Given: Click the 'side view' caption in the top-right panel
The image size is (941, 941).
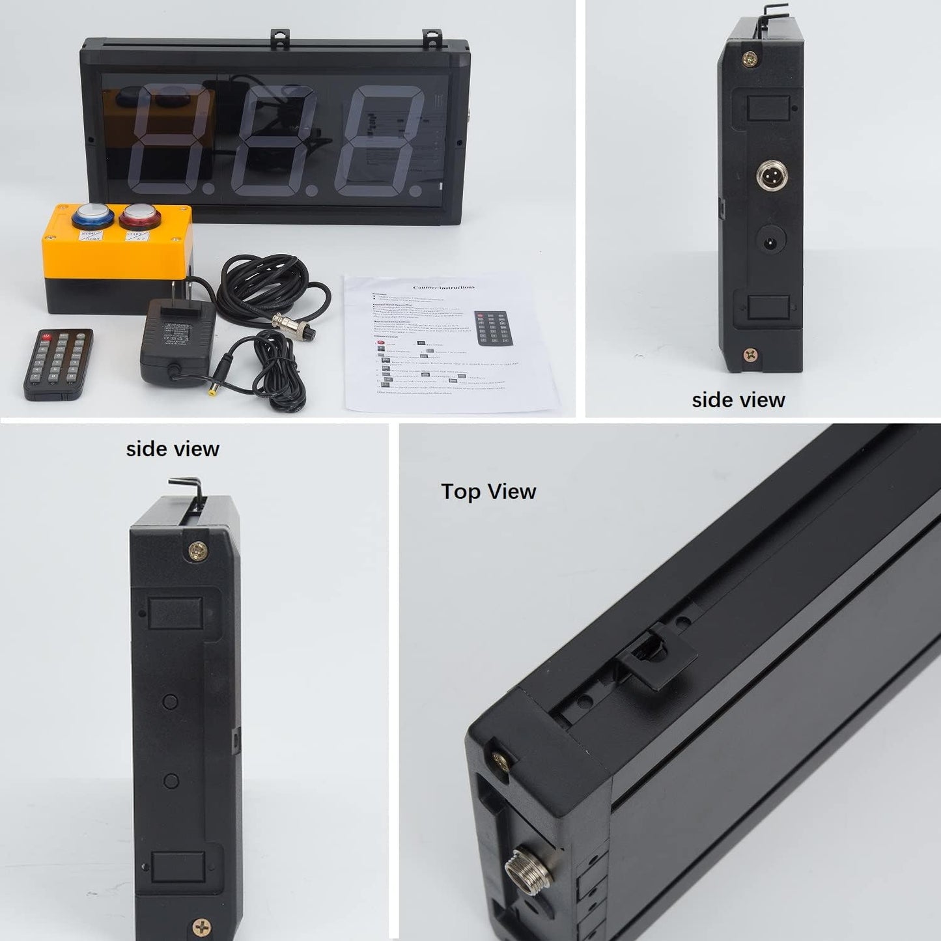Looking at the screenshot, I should tap(738, 400).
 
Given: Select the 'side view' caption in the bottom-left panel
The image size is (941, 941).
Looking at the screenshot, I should tap(173, 449).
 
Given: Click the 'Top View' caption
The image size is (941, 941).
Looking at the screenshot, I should tap(488, 491).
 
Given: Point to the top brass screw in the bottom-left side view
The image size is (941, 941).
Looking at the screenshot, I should tap(196, 551).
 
